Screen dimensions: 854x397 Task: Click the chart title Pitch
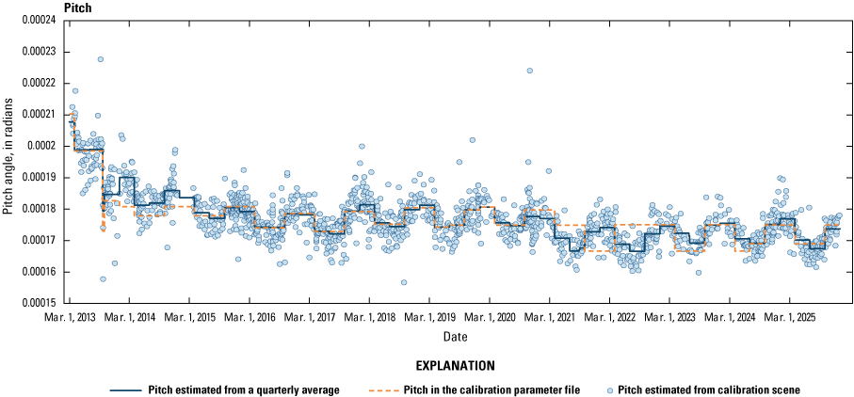pyautogui.click(x=75, y=8)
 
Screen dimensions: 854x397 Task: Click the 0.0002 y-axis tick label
pyautogui.click(x=44, y=147)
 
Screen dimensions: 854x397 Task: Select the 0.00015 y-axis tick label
pyautogui.click(x=40, y=303)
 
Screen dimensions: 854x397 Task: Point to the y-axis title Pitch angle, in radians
pyautogui.click(x=8, y=162)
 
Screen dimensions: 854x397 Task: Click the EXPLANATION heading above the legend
pyautogui.click(x=456, y=365)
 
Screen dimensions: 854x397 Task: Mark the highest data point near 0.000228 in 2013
pyautogui.click(x=101, y=59)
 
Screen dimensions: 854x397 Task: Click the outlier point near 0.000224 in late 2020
pyautogui.click(x=529, y=71)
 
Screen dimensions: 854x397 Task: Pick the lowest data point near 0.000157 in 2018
pyautogui.click(x=404, y=282)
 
